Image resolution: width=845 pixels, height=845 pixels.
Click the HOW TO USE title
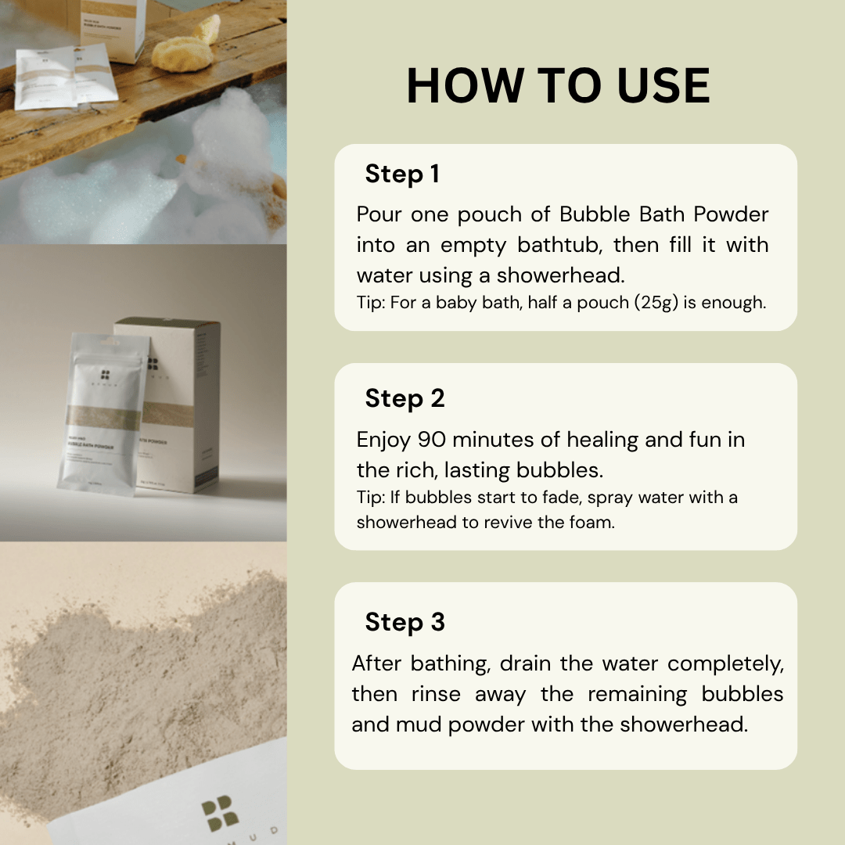[x=558, y=86]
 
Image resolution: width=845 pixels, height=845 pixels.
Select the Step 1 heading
[x=401, y=174]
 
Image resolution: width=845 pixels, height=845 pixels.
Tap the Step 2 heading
[x=405, y=398]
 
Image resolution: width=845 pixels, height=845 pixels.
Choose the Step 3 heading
[x=405, y=622]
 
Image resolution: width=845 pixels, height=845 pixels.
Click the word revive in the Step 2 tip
[x=509, y=522]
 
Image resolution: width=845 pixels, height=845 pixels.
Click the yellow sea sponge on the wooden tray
[x=182, y=54]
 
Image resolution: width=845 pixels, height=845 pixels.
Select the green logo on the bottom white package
[x=220, y=815]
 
